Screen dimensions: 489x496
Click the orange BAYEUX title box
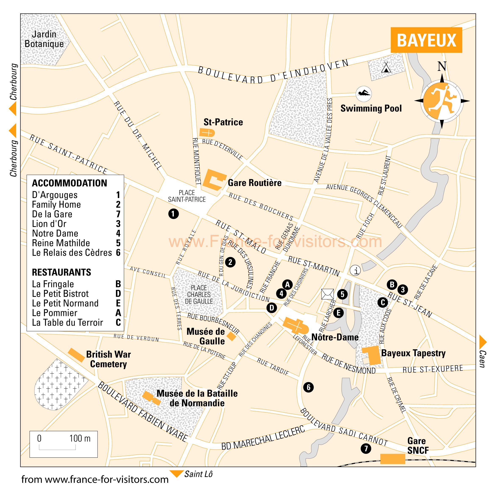pyautogui.click(x=426, y=40)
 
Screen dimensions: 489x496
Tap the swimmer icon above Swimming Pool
pyautogui.click(x=364, y=94)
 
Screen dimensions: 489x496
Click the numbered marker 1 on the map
pyautogui.click(x=174, y=214)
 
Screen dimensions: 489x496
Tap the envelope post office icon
pyautogui.click(x=327, y=294)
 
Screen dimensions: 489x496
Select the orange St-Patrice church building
pyautogui.click(x=207, y=133)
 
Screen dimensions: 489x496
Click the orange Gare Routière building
pyautogui.click(x=214, y=180)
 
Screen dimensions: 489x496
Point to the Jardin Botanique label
pyautogui.click(x=44, y=39)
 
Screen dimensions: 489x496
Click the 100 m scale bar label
pyautogui.click(x=80, y=438)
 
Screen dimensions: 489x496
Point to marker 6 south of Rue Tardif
pyautogui.click(x=308, y=387)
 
